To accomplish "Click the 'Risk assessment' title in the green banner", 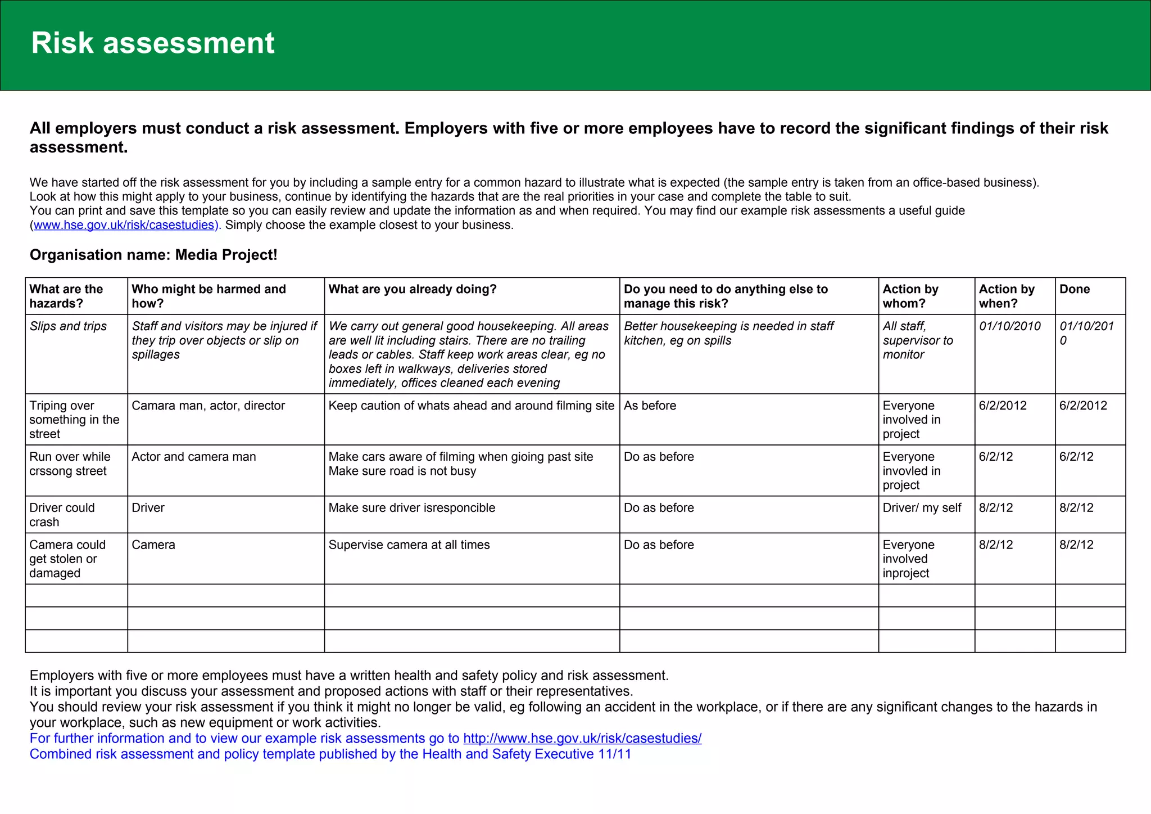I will pyautogui.click(x=152, y=43).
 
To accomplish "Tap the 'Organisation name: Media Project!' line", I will pyautogui.click(x=153, y=255).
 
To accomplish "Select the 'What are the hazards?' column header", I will pyautogui.click(x=66, y=296).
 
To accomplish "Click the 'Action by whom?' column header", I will pyautogui.click(x=910, y=296).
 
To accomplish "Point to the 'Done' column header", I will pyautogui.click(x=1074, y=289).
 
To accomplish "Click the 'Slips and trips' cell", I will pyautogui.click(x=68, y=326).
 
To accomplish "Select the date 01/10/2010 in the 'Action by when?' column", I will pyautogui.click(x=1009, y=326).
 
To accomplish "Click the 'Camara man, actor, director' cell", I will pyautogui.click(x=208, y=406).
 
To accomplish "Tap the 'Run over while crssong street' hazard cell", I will pyautogui.click(x=70, y=464).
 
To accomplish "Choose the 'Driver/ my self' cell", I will pyautogui.click(x=922, y=508).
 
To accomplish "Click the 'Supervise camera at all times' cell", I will pyautogui.click(x=409, y=545).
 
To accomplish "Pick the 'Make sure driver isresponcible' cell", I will pyautogui.click(x=411, y=508).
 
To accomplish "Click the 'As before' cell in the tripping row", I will pyautogui.click(x=650, y=406).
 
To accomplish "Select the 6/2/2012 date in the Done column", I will pyautogui.click(x=1082, y=406).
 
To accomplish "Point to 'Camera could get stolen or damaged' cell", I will pyautogui.click(x=67, y=559).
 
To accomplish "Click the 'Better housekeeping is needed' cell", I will pyautogui.click(x=728, y=333).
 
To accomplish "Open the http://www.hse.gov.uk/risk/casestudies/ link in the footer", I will pyautogui.click(x=582, y=738).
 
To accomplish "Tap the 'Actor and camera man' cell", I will pyautogui.click(x=193, y=457).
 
